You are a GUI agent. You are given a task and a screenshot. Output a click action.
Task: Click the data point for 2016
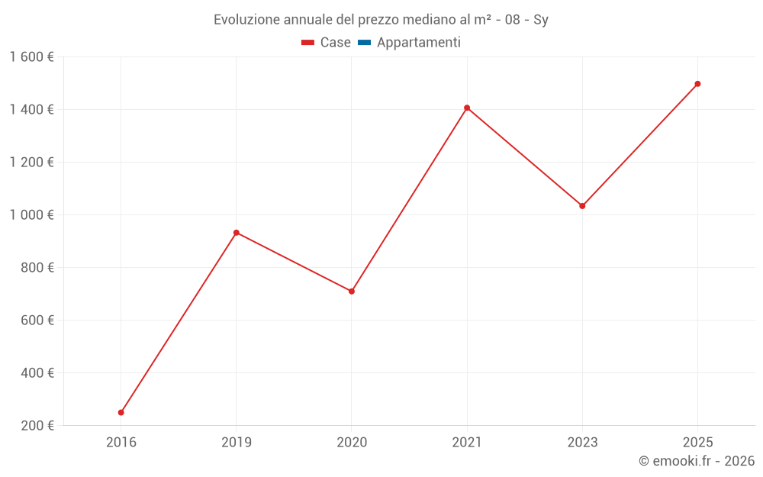point(121,412)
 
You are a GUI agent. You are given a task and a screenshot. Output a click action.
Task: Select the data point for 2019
point(237,233)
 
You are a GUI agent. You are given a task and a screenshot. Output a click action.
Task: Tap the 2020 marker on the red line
point(352,292)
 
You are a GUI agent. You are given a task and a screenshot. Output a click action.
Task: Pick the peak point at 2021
point(467,108)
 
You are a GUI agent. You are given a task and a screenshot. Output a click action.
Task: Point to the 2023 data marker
point(582,206)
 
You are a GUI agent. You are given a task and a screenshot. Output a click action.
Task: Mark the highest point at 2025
point(697,84)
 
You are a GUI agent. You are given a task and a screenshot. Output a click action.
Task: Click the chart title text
point(381,20)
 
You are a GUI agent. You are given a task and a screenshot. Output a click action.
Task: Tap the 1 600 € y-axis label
point(31,57)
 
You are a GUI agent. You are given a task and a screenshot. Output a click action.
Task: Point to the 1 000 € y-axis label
point(31,215)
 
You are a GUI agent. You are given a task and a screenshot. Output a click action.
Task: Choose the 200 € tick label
point(36,426)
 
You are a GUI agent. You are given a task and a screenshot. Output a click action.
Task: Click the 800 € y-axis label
point(36,268)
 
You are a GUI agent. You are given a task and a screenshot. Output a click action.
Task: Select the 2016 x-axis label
point(121,443)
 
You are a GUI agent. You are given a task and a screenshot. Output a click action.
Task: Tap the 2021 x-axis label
point(467,443)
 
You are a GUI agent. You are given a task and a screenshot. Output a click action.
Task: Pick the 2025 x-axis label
point(697,443)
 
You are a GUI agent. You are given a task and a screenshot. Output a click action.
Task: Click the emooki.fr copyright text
point(696,461)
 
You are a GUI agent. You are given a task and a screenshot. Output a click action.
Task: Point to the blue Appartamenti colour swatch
point(364,43)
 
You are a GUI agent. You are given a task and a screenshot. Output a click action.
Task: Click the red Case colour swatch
point(308,43)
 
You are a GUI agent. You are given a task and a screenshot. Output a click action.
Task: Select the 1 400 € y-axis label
point(31,110)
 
